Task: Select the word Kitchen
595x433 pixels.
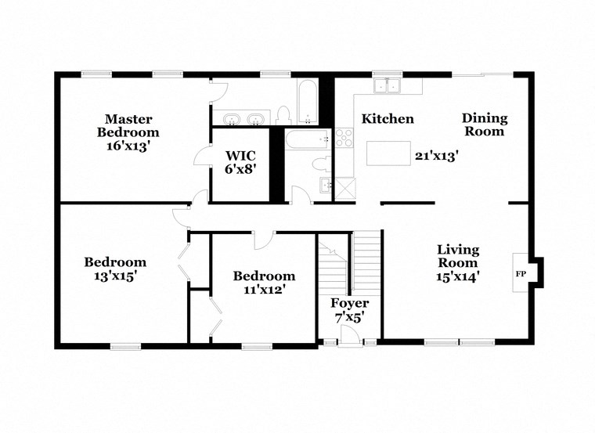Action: [387, 119]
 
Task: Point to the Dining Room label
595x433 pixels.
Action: [484, 124]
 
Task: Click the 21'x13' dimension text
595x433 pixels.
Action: [435, 156]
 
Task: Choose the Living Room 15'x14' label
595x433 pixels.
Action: [457, 262]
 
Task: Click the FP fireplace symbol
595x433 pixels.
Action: [520, 274]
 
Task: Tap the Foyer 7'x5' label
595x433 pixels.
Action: [349, 310]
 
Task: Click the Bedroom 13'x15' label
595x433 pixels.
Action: [115, 269]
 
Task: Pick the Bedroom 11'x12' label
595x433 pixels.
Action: [264, 282]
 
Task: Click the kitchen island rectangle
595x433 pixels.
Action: [388, 153]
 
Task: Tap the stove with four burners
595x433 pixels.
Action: [344, 139]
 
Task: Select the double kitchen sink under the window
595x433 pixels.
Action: [387, 86]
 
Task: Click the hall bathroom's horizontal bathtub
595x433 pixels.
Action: [308, 141]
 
